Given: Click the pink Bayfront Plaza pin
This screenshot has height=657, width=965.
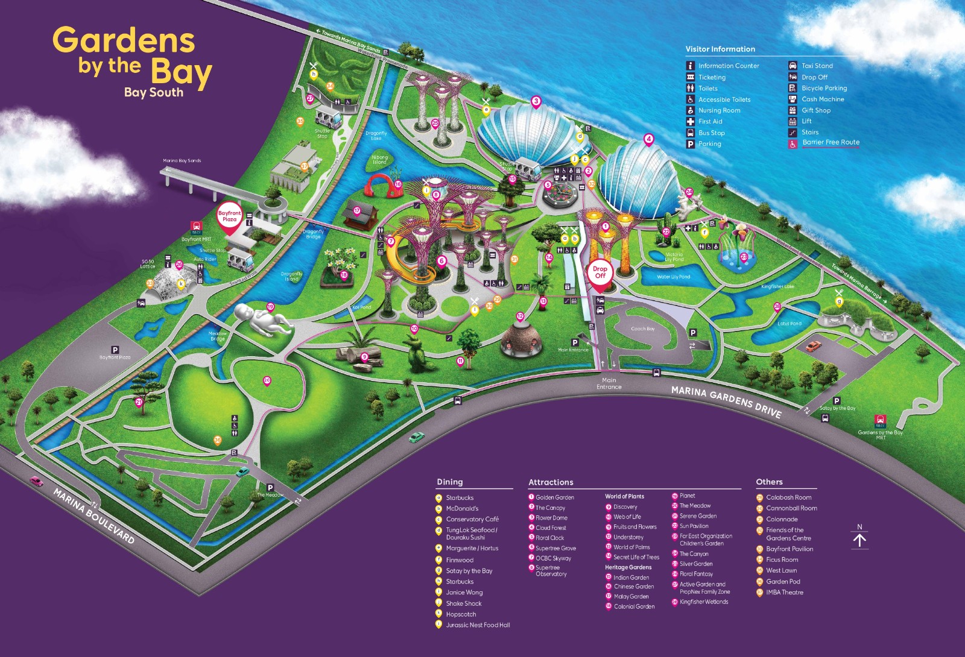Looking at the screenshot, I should tap(229, 217).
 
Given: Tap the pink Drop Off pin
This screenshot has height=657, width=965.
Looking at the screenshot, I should tap(600, 273).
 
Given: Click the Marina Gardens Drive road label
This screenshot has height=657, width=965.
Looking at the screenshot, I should tap(726, 401).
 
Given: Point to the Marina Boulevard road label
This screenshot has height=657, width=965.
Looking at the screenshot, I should tap(93, 515).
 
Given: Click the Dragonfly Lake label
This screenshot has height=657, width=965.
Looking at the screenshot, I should tap(376, 136).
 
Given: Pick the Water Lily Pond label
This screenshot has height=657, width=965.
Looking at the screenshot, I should tap(673, 277).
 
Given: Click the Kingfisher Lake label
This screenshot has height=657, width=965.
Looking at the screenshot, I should tap(777, 286).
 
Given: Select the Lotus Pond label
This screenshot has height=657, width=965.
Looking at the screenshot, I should tap(789, 324).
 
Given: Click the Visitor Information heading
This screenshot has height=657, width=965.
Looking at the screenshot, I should tap(720, 49).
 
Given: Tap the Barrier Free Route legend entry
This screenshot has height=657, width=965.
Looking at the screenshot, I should tap(831, 143).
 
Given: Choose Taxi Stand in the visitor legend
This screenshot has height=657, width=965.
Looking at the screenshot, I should tap(817, 66).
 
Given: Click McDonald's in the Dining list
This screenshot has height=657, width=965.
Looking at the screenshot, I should tap(462, 508).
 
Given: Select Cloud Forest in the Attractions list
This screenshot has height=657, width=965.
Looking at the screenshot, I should tap(551, 528).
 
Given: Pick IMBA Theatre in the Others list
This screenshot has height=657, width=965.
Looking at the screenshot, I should tap(784, 593).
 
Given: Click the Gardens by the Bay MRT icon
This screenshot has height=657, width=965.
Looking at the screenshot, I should tap(881, 420).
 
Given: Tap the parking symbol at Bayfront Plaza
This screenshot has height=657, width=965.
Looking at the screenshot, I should tap(115, 350).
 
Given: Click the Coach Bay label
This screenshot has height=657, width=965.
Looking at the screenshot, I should tap(642, 329).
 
